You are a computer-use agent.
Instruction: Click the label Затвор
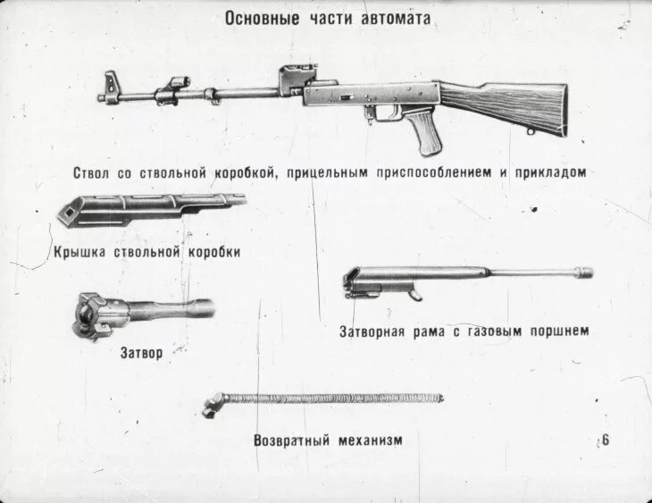tap(142, 353)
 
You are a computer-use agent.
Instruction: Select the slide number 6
tap(606, 440)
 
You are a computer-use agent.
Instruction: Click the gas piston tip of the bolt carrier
tap(585, 272)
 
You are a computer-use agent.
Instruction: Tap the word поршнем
tap(559, 331)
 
